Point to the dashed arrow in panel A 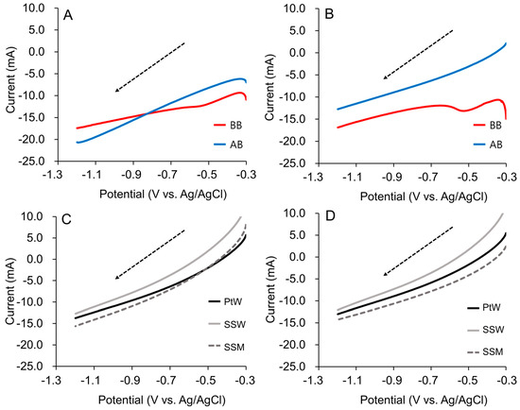[x=149, y=67]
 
